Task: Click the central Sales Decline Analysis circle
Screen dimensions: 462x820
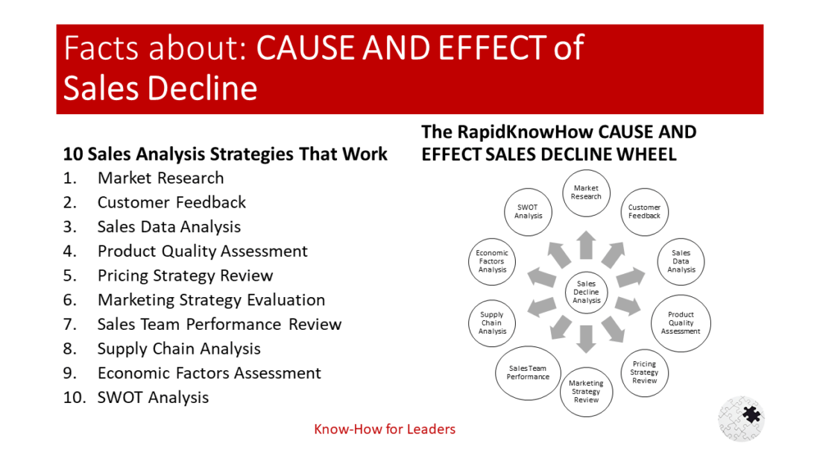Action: (586, 292)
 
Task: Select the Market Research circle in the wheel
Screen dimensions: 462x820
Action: (586, 192)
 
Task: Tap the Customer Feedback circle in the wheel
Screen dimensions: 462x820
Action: (644, 211)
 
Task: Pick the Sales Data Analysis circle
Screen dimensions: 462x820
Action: (681, 261)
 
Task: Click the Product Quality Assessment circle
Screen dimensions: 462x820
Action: (681, 323)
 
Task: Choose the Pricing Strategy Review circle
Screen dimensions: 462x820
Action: (644, 372)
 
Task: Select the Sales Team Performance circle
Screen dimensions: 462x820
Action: (528, 372)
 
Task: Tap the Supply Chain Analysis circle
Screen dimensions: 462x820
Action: (492, 323)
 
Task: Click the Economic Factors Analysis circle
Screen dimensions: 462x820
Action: (492, 261)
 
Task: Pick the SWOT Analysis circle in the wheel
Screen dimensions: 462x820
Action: (528, 211)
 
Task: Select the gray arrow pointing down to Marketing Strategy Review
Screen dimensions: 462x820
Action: (586, 338)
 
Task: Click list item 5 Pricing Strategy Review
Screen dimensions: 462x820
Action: (185, 275)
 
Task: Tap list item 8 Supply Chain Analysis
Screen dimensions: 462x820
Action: (179, 349)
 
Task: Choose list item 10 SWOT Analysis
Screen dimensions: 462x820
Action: (153, 397)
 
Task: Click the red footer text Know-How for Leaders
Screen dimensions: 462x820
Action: (384, 429)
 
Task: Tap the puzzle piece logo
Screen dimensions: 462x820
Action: (742, 418)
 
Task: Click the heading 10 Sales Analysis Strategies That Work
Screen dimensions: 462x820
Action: (225, 154)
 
